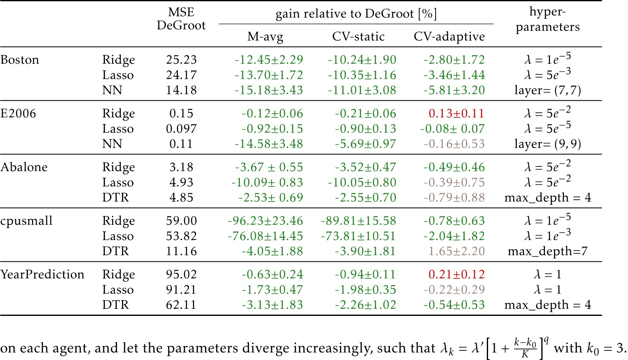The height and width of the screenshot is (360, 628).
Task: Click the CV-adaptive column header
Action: click(x=449, y=37)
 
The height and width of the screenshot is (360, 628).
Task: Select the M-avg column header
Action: click(x=265, y=37)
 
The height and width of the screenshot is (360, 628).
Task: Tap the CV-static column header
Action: click(x=358, y=37)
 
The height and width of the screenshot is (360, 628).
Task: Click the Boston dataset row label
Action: click(x=20, y=60)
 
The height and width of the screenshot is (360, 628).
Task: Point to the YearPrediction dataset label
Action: click(x=42, y=275)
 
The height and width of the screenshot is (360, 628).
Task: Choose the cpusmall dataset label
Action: click(x=26, y=221)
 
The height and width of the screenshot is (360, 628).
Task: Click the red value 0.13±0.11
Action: click(x=456, y=114)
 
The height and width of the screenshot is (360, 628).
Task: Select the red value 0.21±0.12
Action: click(x=456, y=275)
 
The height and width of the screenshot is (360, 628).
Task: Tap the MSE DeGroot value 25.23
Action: click(x=181, y=60)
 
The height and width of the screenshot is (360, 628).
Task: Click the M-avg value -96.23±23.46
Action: click(x=265, y=221)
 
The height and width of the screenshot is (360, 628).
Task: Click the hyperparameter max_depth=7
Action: click(x=548, y=251)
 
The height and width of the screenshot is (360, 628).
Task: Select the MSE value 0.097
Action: click(x=181, y=129)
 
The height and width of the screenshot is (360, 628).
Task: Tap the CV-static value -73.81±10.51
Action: click(x=358, y=236)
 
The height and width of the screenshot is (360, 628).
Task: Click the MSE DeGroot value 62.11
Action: click(x=181, y=305)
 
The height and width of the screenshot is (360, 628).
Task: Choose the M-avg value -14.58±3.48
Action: click(x=269, y=144)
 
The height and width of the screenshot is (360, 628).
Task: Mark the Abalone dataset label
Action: click(x=24, y=167)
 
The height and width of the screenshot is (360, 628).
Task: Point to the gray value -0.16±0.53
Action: click(x=454, y=144)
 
